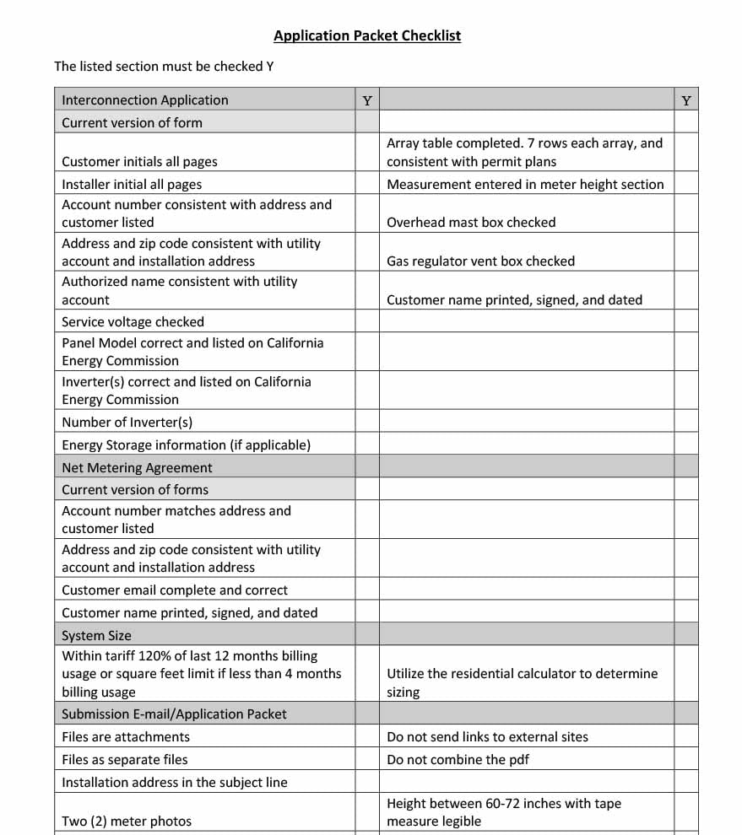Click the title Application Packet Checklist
point(367,35)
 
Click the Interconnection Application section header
point(144,100)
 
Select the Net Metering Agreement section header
point(137,467)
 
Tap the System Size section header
point(96,635)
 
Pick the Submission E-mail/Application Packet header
point(174,714)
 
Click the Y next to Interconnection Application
point(367,100)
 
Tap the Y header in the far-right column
point(686,100)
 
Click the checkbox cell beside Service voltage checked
point(367,321)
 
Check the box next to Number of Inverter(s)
point(367,422)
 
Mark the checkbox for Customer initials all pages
point(367,153)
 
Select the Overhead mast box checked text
point(471,223)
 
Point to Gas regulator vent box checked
point(480,261)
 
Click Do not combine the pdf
point(458,759)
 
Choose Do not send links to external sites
point(487,736)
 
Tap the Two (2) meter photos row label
point(127,822)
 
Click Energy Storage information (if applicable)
point(186,444)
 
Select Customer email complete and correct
point(175,590)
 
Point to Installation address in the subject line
point(175,782)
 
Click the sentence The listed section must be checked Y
point(164,66)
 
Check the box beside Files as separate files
point(367,759)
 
